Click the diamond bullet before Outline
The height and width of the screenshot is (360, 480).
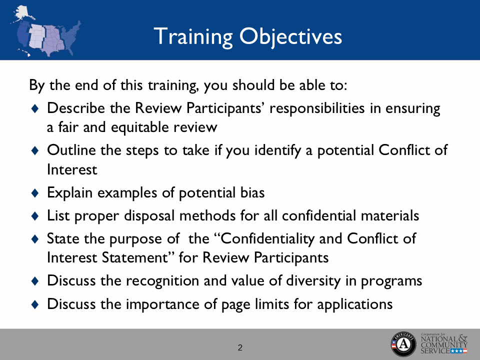pyautogui.click(x=34, y=150)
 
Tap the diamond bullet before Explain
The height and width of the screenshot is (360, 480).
pyautogui.click(x=34, y=191)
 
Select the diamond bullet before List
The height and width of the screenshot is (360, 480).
pyautogui.click(x=34, y=215)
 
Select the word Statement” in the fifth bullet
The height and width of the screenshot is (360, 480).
pyautogui.click(x=135, y=257)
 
